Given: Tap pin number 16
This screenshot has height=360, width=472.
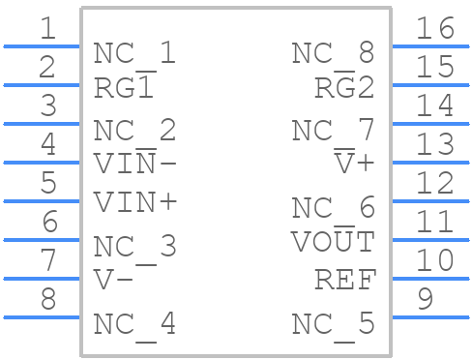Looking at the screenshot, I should (x=434, y=29).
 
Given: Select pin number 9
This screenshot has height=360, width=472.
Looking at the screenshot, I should (x=424, y=300).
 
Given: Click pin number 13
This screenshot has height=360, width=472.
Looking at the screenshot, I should (x=434, y=145).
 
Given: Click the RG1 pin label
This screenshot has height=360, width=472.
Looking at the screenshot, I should (x=124, y=88).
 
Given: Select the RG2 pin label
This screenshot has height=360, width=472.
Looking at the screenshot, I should (x=344, y=88).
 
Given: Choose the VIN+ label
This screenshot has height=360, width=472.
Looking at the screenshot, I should (x=134, y=202).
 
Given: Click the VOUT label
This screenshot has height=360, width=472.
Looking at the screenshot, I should (x=333, y=241).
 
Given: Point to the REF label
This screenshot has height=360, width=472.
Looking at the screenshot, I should (x=344, y=281).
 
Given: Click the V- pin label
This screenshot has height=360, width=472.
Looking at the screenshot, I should (x=113, y=281).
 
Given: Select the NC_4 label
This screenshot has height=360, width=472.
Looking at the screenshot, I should (x=134, y=323).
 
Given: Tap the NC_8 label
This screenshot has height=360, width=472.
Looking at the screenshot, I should (x=333, y=53).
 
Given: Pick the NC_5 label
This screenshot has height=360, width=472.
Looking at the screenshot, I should (x=333, y=323).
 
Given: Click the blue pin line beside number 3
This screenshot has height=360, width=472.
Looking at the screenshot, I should (x=41, y=124).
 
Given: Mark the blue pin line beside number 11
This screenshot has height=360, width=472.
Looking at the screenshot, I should (x=429, y=240).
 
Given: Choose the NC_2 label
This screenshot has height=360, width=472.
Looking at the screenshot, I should (x=134, y=130).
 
